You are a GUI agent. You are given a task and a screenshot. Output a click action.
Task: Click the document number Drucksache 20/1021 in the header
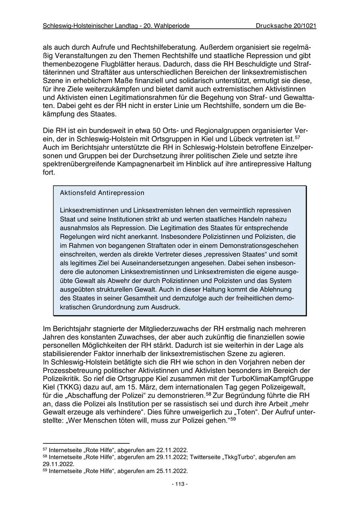(x=286, y=26)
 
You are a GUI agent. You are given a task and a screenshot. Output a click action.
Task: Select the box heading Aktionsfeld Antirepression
(x=102, y=193)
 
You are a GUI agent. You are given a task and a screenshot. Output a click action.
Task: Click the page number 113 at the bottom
(x=180, y=484)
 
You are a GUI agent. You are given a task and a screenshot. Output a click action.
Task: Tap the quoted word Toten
(x=247, y=411)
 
